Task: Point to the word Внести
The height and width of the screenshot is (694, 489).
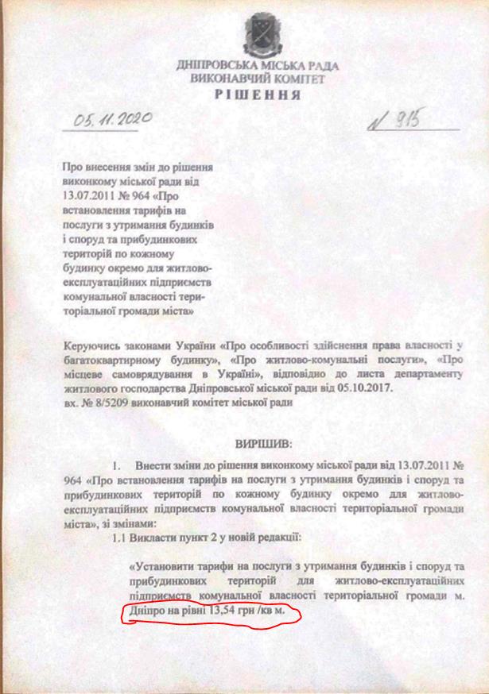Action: pos(156,462)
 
